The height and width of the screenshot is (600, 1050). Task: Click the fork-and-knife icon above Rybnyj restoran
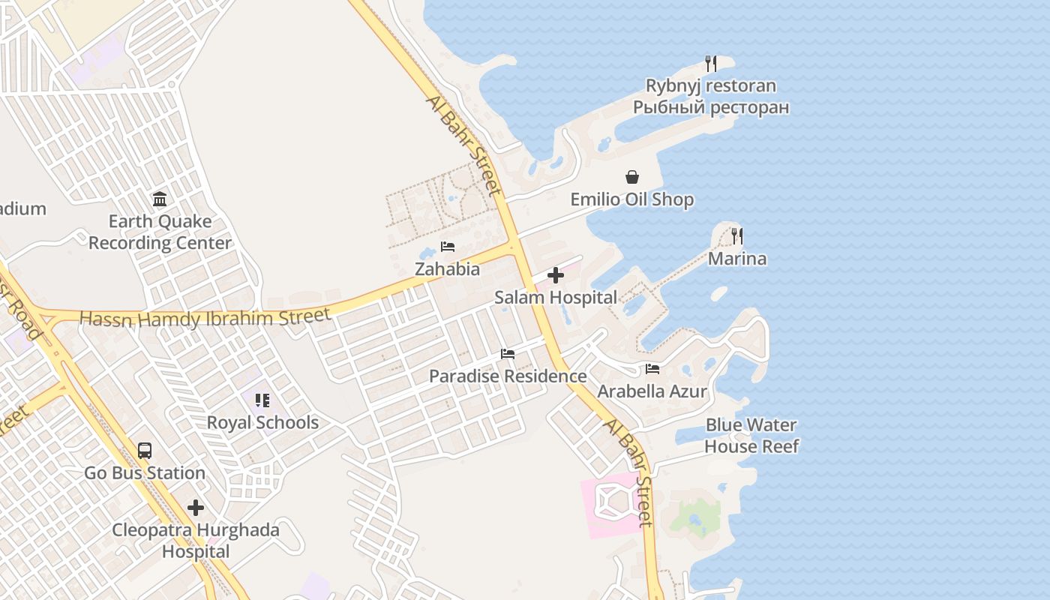(x=711, y=64)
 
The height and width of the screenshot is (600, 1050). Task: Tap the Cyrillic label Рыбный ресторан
(x=711, y=107)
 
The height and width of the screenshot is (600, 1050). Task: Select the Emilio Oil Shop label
(x=632, y=199)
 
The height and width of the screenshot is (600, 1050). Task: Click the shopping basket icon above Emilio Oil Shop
(x=632, y=177)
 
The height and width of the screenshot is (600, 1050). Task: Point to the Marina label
(x=737, y=259)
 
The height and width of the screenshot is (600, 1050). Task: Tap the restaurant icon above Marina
(x=737, y=236)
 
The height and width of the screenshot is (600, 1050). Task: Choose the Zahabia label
(x=448, y=268)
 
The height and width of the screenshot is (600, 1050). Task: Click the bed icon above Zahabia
(x=448, y=246)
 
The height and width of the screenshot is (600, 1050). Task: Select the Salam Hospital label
(x=556, y=297)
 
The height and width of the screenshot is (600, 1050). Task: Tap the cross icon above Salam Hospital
(x=556, y=275)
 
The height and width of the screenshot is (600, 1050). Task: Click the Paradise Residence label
(x=508, y=376)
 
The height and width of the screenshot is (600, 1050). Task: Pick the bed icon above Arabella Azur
(x=652, y=369)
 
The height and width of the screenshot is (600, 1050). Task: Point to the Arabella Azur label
(x=652, y=391)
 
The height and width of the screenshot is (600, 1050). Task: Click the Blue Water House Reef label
(x=751, y=436)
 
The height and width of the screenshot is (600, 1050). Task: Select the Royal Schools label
(x=262, y=422)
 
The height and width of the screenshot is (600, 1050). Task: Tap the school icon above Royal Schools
(x=262, y=400)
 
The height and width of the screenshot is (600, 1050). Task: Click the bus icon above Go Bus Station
(x=145, y=451)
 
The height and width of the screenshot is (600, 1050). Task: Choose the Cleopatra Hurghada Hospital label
(x=196, y=541)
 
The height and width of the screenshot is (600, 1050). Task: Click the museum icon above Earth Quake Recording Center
(x=160, y=199)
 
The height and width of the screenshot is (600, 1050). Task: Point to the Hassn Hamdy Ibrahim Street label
(x=205, y=318)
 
